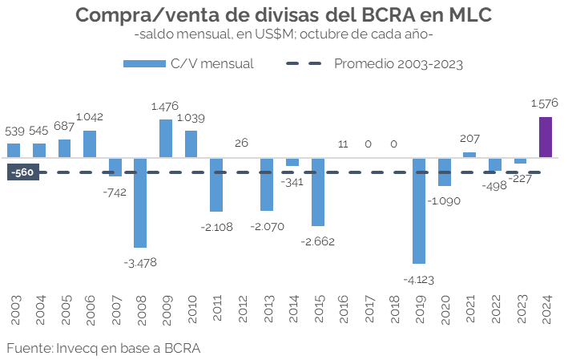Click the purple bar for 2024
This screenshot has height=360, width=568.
click(x=546, y=137)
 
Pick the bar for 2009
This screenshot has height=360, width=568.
click(x=166, y=138)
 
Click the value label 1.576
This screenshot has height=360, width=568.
click(x=545, y=103)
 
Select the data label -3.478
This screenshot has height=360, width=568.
click(x=140, y=263)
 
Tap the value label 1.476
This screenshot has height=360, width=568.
click(x=165, y=106)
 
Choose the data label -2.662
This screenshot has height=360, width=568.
click(x=317, y=241)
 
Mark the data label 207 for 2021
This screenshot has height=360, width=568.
click(x=469, y=139)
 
